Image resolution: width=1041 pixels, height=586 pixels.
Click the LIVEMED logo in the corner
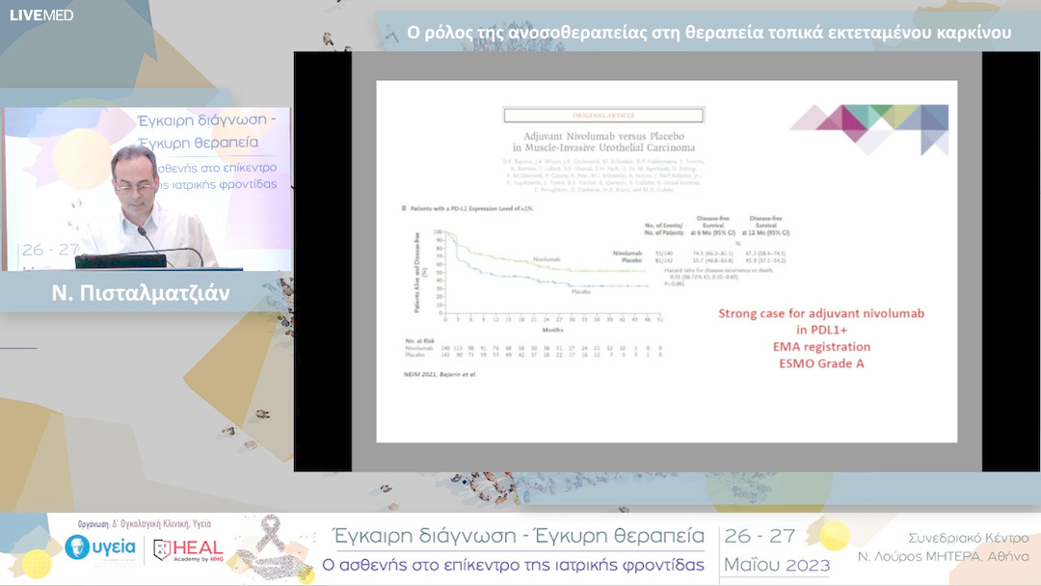pyautogui.click(x=41, y=14)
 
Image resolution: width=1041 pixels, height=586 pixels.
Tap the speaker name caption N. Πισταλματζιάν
pyautogui.click(x=141, y=293)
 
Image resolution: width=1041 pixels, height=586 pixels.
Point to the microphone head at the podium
pyautogui.click(x=141, y=230)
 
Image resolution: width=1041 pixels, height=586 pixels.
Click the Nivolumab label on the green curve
pyautogui.click(x=546, y=260)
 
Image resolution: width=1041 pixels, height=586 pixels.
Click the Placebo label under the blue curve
pyautogui.click(x=580, y=291)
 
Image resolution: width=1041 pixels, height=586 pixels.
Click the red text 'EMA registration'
pyautogui.click(x=822, y=346)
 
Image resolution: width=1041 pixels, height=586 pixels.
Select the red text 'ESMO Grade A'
pyautogui.click(x=822, y=363)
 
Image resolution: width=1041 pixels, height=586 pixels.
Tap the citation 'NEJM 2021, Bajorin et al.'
pyautogui.click(x=439, y=373)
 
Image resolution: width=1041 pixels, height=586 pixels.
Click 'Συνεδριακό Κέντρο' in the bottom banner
pyautogui.click(x=968, y=538)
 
